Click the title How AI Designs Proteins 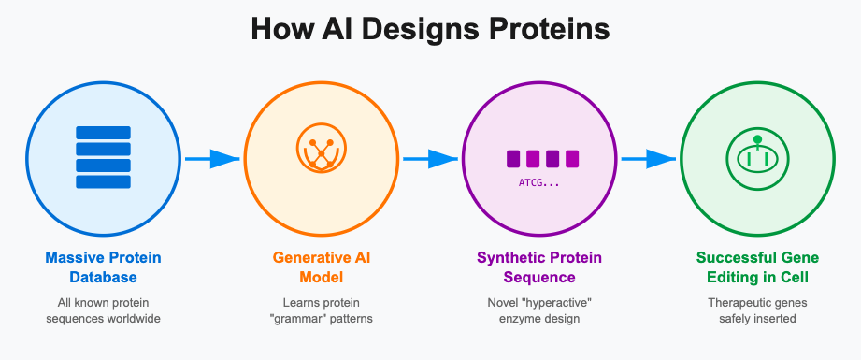(430, 30)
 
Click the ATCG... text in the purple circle (538, 182)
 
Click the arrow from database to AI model (211, 159)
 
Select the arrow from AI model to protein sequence (430, 159)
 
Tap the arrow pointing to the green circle (648, 159)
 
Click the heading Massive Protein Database (103, 267)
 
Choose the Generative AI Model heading (321, 267)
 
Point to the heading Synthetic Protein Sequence (539, 267)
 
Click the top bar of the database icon (103, 133)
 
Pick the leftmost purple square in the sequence (514, 159)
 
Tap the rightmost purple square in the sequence (571, 159)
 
